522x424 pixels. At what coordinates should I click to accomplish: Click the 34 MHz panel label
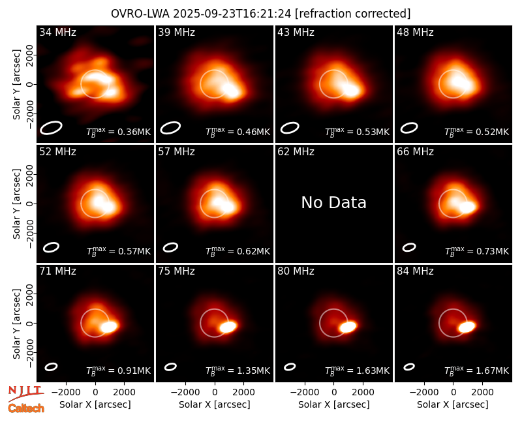point(57,32)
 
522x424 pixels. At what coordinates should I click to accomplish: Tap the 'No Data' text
point(333,203)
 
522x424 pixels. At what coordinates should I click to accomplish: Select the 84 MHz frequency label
point(415,271)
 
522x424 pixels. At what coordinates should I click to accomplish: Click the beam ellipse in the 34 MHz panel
point(51,128)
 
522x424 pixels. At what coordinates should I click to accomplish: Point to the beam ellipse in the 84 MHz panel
point(409,367)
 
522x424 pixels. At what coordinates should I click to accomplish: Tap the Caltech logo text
point(26,408)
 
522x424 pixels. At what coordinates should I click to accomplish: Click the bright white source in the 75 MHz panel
point(228,327)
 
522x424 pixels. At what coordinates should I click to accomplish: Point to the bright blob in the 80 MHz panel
point(348,327)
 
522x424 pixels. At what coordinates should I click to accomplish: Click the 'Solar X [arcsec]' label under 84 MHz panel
point(453,404)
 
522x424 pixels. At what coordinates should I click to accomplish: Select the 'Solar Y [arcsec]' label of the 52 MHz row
point(16,204)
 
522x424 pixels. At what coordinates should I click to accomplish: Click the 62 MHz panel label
point(296,152)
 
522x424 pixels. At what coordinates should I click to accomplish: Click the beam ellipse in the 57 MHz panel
point(170,247)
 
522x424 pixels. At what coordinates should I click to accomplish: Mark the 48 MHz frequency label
point(415,32)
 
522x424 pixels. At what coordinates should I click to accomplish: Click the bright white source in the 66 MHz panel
point(467,207)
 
